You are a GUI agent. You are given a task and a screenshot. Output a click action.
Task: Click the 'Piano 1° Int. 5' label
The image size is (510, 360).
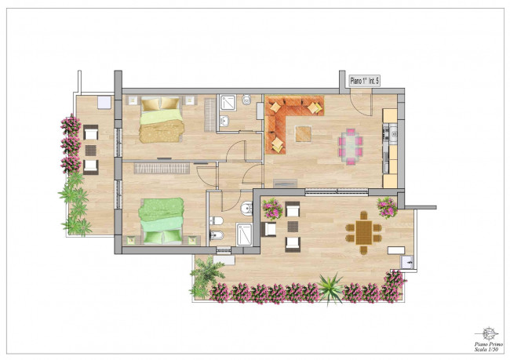click(364, 81)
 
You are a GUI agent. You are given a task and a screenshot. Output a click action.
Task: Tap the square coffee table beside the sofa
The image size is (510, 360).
click(303, 133)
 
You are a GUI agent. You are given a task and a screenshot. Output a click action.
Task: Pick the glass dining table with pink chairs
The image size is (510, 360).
click(350, 147)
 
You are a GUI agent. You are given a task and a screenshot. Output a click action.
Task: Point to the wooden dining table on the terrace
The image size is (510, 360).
click(363, 232)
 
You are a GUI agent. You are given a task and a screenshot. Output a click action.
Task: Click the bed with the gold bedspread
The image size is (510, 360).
click(161, 120)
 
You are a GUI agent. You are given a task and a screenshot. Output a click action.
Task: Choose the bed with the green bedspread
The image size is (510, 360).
click(162, 221)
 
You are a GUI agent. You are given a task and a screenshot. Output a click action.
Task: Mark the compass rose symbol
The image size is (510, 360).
click(487, 333)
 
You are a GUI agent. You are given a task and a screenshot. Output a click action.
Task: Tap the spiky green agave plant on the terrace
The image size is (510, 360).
click(330, 288)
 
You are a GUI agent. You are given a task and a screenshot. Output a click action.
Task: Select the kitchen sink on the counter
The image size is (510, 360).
click(394, 133)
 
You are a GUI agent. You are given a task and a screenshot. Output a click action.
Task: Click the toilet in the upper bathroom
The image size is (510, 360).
click(246, 100)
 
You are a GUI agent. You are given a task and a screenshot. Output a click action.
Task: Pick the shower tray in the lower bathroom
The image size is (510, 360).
click(244, 234)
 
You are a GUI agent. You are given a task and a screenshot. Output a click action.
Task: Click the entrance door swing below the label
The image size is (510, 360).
click(361, 102)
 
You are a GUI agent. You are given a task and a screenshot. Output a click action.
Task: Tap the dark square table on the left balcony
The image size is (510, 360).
click(91, 151)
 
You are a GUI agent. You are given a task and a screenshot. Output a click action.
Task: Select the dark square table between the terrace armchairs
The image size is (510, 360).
click(293, 227)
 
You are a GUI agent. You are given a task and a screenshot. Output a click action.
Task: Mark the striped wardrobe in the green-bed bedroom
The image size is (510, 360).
click(162, 168)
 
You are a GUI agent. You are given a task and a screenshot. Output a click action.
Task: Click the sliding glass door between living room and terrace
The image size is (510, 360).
click(337, 192)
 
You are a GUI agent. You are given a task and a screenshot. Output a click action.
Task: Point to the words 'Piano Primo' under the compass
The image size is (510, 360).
click(489, 344)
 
